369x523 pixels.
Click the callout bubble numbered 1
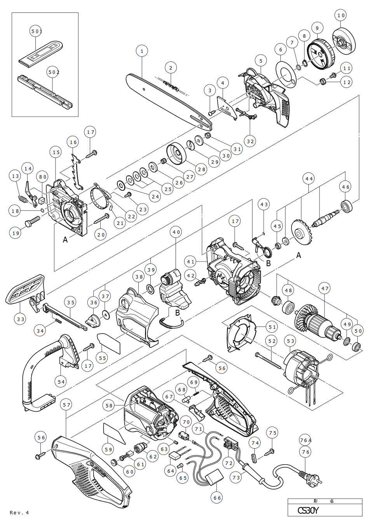coord(142,51)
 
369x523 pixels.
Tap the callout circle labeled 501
coord(36,31)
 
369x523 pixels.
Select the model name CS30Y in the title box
coord(308,510)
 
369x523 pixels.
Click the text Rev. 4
coord(19,512)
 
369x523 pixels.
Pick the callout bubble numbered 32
coord(251,141)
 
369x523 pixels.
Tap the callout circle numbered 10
coord(341,15)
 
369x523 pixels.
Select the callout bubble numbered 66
coord(217,497)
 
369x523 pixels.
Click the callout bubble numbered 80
coord(43,177)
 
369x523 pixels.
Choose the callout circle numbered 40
coord(176,232)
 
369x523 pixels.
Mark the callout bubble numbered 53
coord(290,341)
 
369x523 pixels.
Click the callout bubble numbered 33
coord(21,319)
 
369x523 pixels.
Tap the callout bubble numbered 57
coord(67,405)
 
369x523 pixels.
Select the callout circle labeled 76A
coord(306,440)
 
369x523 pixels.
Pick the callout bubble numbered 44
coord(309,179)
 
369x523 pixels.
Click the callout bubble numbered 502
coord(53,72)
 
